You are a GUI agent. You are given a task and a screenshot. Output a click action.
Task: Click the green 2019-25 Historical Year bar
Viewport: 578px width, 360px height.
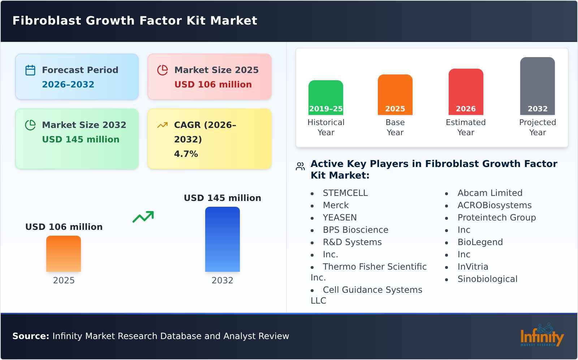(325, 97)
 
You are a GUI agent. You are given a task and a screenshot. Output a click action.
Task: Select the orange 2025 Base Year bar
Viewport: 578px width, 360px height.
(395, 94)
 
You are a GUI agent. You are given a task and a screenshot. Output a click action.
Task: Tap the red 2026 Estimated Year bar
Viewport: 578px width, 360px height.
(466, 91)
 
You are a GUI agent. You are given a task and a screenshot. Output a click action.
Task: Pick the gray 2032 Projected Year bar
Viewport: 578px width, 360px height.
(537, 86)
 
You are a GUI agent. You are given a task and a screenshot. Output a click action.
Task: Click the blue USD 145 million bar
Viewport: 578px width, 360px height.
(222, 239)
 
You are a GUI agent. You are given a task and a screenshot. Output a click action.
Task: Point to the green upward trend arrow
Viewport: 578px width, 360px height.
(143, 217)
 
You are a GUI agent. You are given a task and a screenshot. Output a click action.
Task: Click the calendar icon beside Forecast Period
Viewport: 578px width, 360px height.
(30, 70)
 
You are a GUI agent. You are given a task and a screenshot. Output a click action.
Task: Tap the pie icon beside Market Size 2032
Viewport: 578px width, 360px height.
(30, 125)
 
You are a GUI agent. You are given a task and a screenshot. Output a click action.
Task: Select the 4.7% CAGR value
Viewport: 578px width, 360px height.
(186, 154)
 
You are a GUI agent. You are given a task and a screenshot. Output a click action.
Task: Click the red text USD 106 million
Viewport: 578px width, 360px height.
(213, 85)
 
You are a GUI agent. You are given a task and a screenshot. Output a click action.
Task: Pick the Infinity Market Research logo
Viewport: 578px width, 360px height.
(542, 336)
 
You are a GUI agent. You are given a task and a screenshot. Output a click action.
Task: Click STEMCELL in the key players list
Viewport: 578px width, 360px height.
(345, 193)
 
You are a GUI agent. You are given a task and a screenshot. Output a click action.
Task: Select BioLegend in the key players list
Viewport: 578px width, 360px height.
(480, 242)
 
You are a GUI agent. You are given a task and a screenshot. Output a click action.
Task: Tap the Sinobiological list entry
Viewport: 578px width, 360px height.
(487, 279)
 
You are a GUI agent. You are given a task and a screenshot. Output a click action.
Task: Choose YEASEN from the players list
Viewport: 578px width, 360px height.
(340, 218)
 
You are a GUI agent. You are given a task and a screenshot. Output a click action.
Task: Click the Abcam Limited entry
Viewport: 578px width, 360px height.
(489, 193)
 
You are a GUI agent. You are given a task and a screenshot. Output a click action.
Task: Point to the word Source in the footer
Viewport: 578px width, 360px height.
(30, 336)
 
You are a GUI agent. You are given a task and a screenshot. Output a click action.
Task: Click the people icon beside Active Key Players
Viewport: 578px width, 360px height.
(300, 166)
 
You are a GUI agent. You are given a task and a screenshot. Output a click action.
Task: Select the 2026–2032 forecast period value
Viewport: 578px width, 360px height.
(68, 85)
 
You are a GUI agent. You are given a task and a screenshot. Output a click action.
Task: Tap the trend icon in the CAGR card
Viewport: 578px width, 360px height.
(163, 125)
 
